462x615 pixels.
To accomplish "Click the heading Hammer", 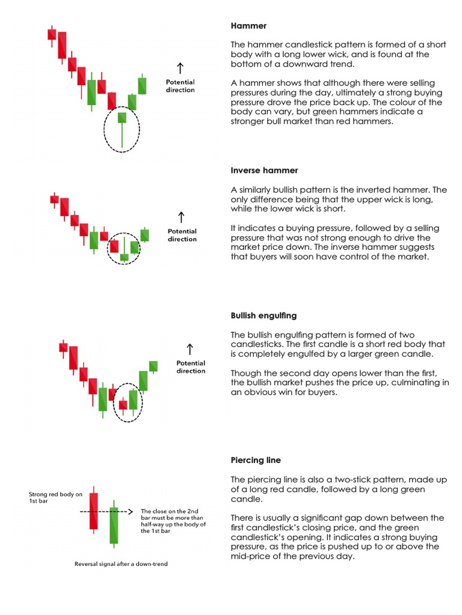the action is (248, 26).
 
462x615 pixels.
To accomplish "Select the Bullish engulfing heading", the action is (263, 315).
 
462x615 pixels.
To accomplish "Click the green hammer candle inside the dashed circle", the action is (122, 117).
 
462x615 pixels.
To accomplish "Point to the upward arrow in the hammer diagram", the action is (180, 67).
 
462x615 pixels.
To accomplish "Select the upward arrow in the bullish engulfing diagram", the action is (190, 348).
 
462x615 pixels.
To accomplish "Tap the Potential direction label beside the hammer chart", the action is (180, 86).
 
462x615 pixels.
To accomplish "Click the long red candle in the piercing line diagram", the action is (93, 510).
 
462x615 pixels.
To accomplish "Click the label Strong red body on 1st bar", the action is (55, 498).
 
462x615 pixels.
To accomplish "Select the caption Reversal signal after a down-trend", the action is (122, 565).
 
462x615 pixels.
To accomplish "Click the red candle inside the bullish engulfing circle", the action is (123, 405).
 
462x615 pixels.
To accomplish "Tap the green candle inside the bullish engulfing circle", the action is (134, 399).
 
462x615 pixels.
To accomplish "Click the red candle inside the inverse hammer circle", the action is (114, 246).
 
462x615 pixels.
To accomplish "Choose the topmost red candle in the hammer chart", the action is (52, 34).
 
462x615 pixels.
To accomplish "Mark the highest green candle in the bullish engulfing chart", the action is (153, 366).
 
